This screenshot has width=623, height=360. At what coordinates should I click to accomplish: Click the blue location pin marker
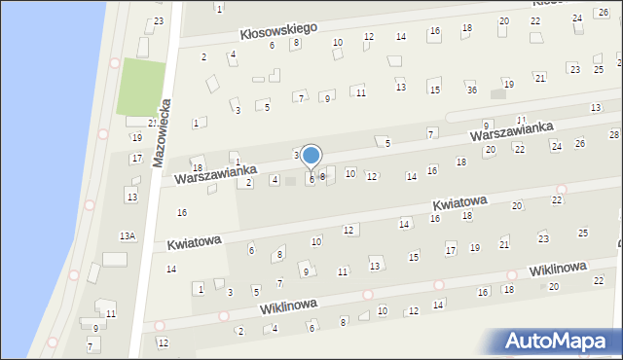pyautogui.click(x=311, y=156)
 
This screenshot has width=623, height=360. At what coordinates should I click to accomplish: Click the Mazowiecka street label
pyautogui.click(x=163, y=132)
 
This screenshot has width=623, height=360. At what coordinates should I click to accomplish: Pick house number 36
pyautogui.click(x=471, y=90)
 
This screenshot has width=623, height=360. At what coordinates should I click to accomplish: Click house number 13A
pyautogui.click(x=127, y=235)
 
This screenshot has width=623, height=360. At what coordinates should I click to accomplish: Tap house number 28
pyautogui.click(x=614, y=133)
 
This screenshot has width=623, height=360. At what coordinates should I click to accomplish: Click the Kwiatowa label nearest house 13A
pyautogui.click(x=194, y=241)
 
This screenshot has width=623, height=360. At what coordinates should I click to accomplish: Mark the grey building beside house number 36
pyautogui.click(x=497, y=94)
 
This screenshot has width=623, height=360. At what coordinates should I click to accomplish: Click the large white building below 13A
pyautogui.click(x=115, y=259)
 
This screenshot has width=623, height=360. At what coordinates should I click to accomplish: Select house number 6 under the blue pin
pyautogui.click(x=311, y=179)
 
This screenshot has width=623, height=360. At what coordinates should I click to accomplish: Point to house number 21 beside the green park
pyautogui.click(x=152, y=123)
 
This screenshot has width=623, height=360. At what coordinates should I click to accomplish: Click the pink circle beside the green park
pyautogui.click(x=115, y=63)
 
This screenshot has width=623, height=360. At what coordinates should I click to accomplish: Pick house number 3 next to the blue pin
pyautogui.click(x=297, y=155)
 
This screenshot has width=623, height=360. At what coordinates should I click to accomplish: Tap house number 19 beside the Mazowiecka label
pyautogui.click(x=137, y=137)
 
